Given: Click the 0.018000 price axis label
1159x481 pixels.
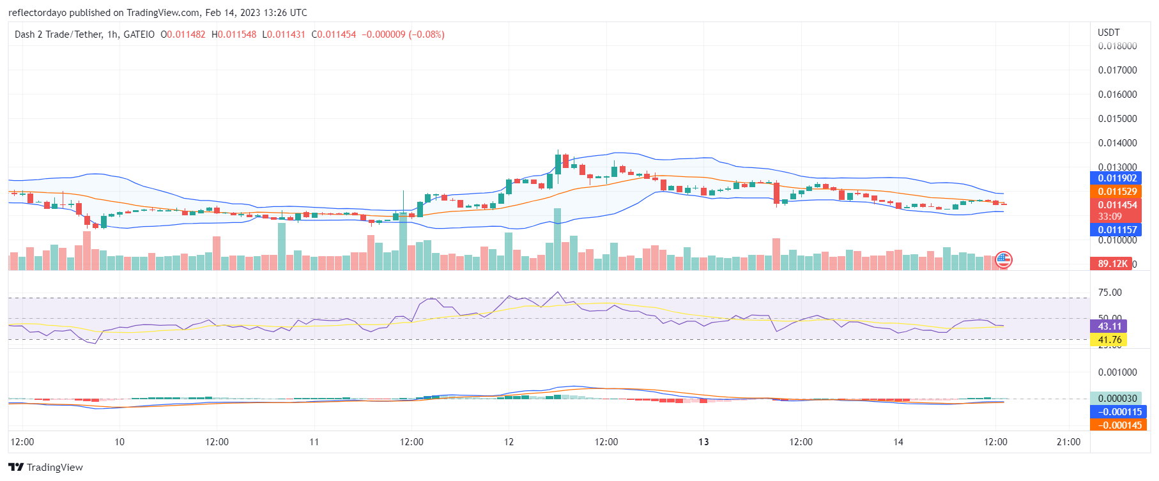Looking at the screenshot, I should (x=1117, y=46).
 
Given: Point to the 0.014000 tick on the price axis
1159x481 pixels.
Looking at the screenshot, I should (x=1117, y=143).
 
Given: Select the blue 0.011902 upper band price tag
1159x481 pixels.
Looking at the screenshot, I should (x=1117, y=178).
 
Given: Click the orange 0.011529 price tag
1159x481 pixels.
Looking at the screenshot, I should (x=1117, y=192).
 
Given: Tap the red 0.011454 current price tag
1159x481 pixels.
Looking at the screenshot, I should (x=1117, y=205).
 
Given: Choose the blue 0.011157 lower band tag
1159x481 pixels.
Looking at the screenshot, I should (x=1117, y=230).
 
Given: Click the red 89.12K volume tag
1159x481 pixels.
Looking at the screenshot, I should (x=1112, y=264).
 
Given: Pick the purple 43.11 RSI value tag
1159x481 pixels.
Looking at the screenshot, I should (x=1109, y=326).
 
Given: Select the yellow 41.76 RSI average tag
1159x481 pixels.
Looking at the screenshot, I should (x=1109, y=340).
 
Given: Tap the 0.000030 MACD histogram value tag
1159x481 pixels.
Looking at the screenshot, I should (x=1117, y=399).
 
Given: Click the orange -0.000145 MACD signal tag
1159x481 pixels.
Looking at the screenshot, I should (x=1119, y=425).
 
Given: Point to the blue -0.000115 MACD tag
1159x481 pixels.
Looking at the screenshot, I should (x=1119, y=412).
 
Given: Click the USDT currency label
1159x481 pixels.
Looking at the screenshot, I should (x=1109, y=33).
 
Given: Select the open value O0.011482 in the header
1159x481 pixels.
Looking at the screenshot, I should (x=183, y=34).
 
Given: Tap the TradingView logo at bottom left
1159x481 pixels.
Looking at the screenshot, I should (x=46, y=467).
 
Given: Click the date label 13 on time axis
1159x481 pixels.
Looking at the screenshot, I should (x=703, y=442).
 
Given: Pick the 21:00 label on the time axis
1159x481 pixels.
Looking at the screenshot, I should (x=1068, y=442).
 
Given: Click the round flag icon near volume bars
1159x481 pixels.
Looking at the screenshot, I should (x=1004, y=259).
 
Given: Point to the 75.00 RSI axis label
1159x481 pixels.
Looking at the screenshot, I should (x=1109, y=293).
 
